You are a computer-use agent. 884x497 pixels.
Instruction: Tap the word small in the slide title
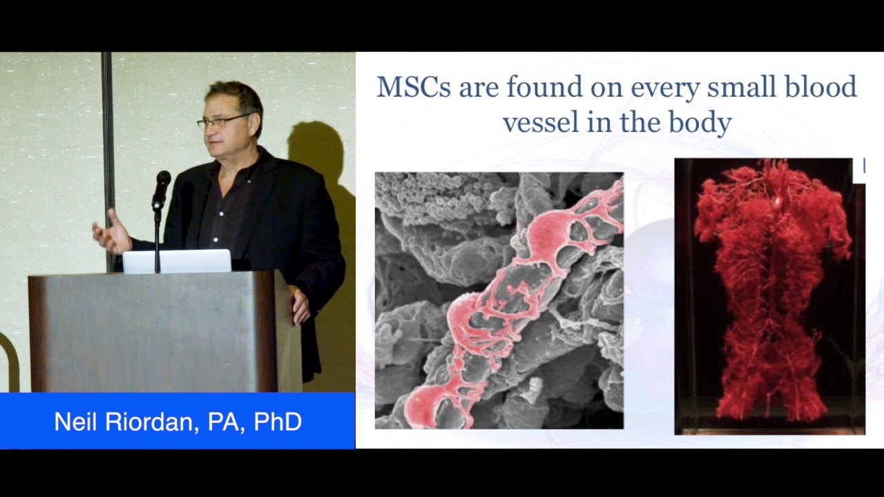tap(731, 88)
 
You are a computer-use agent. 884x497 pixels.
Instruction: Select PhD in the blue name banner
tap(278, 422)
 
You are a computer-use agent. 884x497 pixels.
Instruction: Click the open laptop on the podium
tap(177, 262)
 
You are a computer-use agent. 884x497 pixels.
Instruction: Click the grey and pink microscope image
tap(499, 300)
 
